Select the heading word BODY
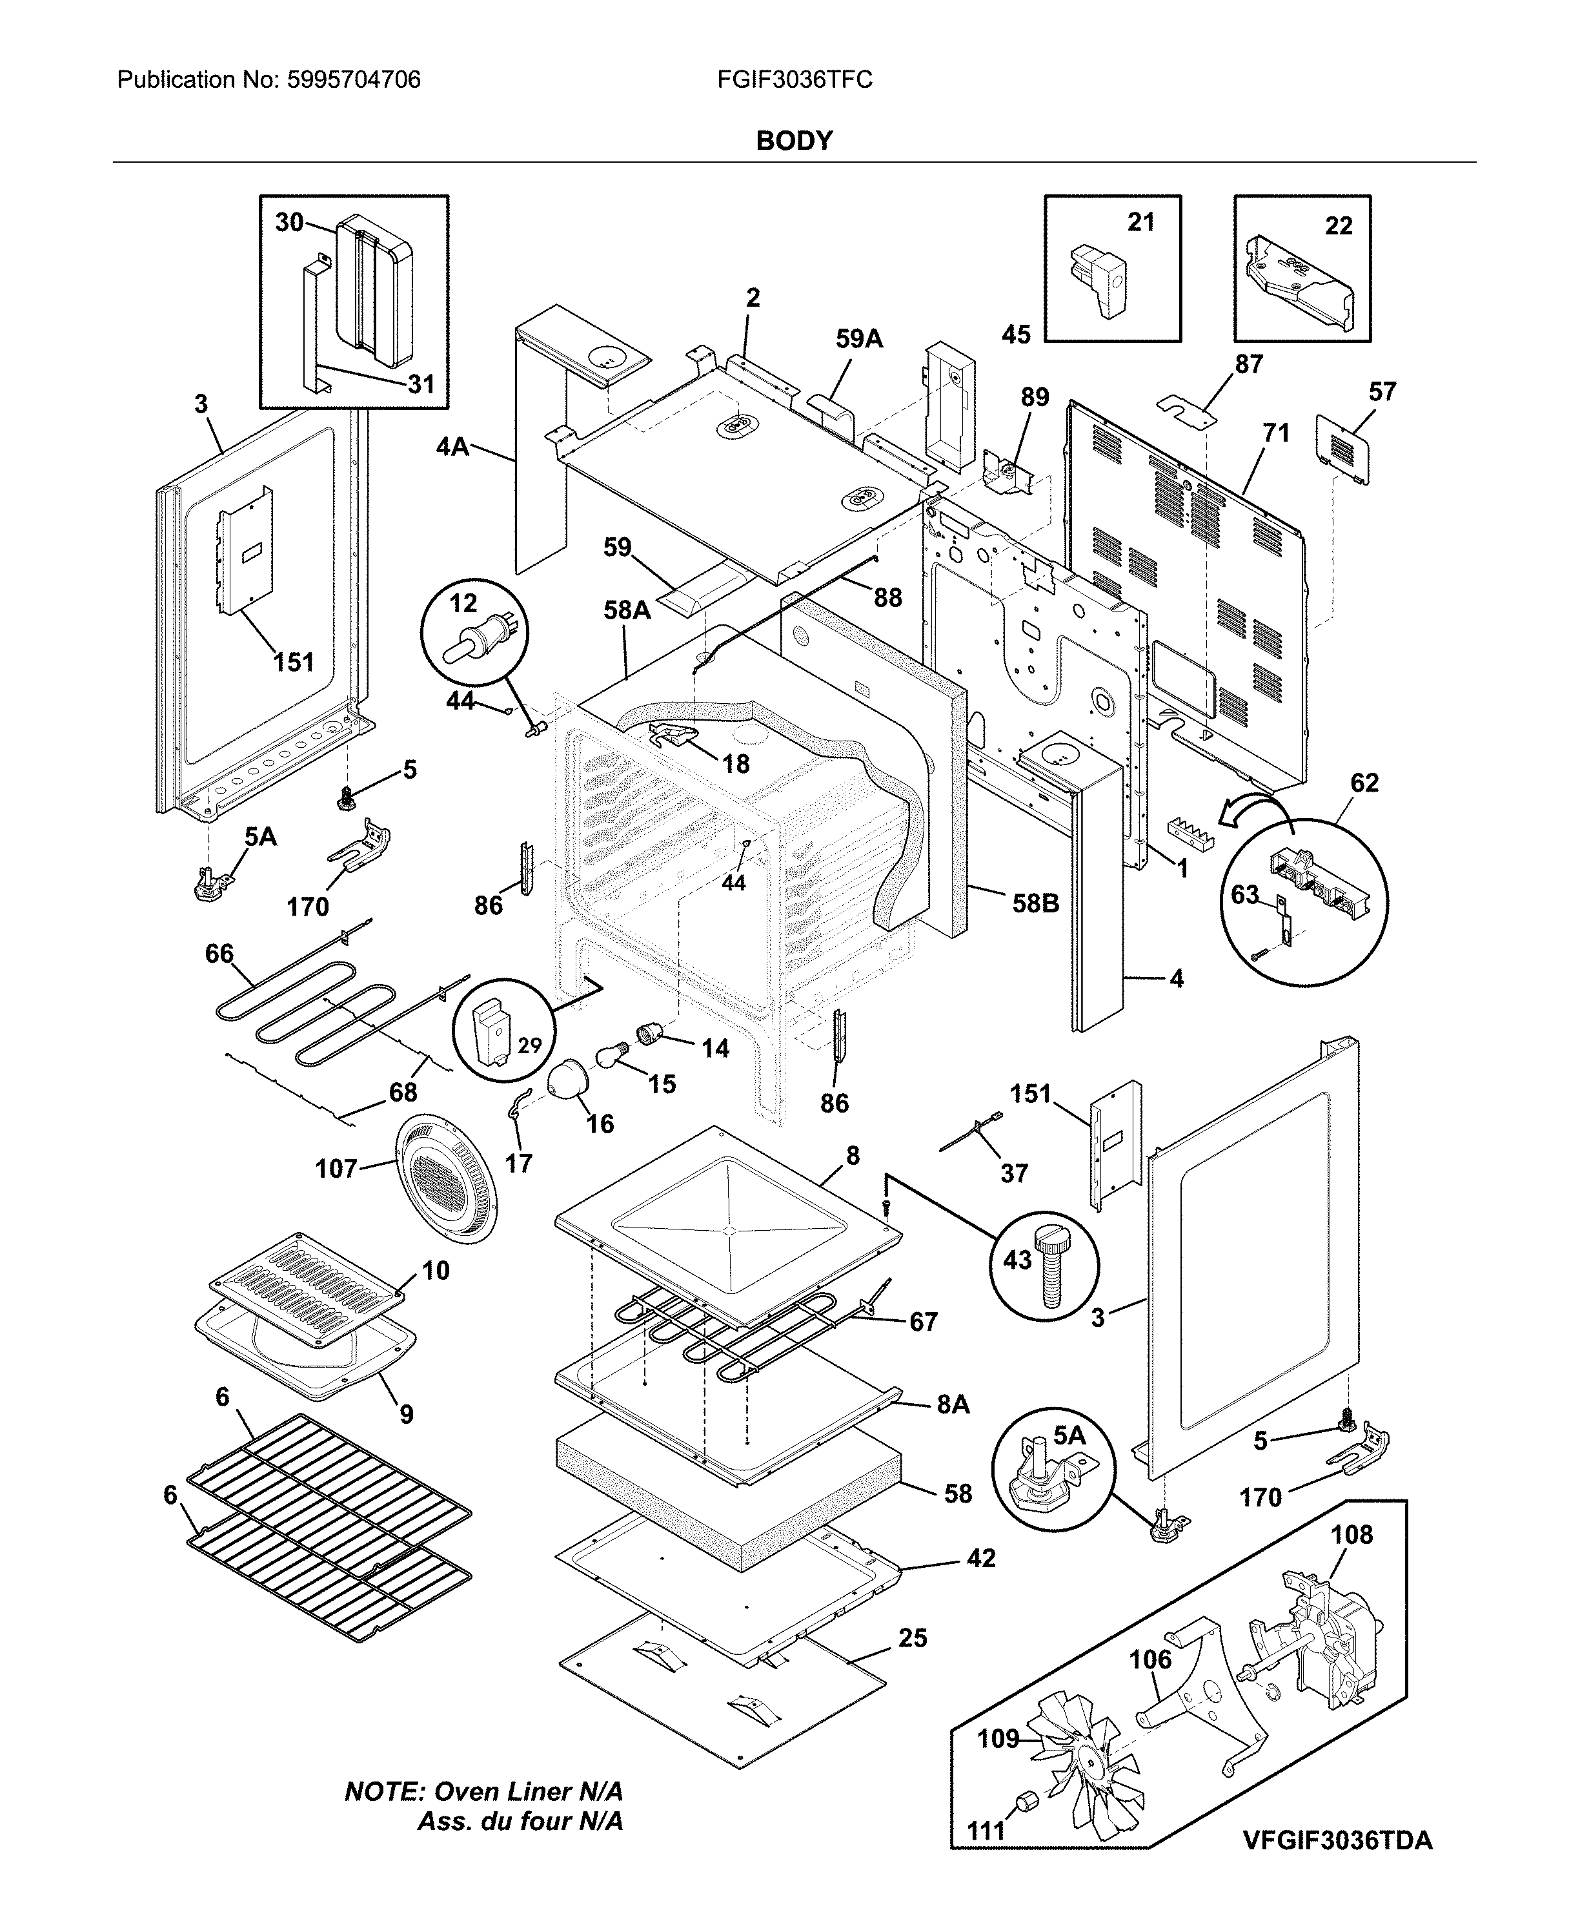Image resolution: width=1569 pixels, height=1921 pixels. point(794,141)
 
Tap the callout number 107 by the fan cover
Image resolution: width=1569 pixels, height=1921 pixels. point(336,1169)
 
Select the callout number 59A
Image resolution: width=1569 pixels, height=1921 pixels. point(858,339)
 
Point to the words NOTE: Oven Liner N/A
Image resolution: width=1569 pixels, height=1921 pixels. point(483,1792)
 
